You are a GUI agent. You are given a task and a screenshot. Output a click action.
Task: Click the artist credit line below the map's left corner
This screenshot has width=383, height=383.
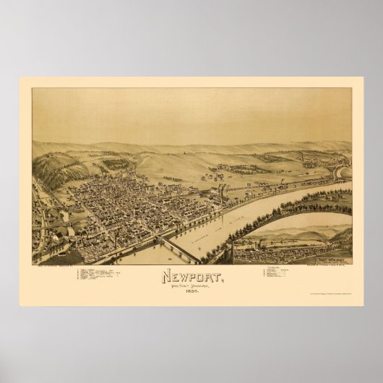54,266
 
